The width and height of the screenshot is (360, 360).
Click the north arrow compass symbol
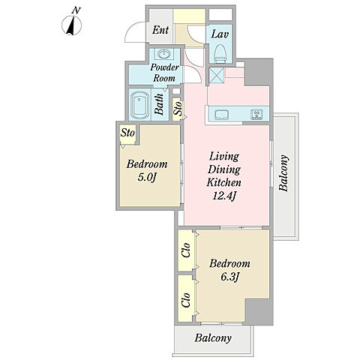click(71, 25)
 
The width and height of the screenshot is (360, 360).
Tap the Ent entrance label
click(160, 30)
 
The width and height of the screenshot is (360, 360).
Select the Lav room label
click(220, 34)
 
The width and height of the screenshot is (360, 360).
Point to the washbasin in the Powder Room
click(163, 53)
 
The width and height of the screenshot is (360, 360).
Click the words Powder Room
click(164, 73)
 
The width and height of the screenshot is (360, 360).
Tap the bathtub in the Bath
click(140, 105)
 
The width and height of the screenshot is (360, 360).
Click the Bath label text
click(159, 104)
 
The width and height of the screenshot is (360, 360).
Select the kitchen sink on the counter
click(221, 115)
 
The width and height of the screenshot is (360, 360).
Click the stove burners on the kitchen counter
click(256, 115)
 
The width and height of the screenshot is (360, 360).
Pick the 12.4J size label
click(224, 196)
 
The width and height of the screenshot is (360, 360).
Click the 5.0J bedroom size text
click(147, 177)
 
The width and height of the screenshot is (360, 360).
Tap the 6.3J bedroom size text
click(229, 277)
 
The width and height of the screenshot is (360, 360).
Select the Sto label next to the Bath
click(178, 108)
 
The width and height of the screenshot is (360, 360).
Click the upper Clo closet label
click(186, 250)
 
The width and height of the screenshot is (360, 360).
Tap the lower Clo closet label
click(186, 300)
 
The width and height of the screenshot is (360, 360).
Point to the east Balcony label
click(283, 173)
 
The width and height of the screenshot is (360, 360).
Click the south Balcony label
click(213, 338)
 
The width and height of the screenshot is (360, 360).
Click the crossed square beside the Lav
click(217, 75)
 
